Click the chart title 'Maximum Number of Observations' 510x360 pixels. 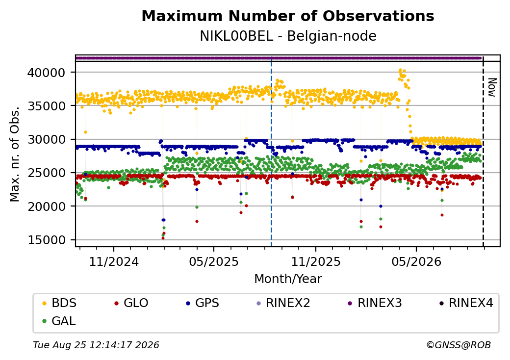[x=288, y=16]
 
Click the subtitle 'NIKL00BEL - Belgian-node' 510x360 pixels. [x=288, y=36]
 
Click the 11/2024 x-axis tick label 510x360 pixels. [x=114, y=261]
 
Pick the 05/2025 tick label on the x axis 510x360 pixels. [x=214, y=261]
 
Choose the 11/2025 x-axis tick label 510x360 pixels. [x=315, y=261]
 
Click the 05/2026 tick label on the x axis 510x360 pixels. [x=416, y=261]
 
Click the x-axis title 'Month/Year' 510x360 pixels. [x=288, y=279]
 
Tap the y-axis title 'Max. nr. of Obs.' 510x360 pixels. [x=15, y=154]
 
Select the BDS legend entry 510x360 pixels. [x=59, y=303]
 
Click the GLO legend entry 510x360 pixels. [x=131, y=303]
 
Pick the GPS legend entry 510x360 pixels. [x=203, y=303]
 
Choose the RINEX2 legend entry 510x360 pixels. [x=283, y=303]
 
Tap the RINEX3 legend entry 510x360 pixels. [x=375, y=303]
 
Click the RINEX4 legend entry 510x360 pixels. [x=466, y=303]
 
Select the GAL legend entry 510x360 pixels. [x=59, y=321]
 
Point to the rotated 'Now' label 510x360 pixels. [x=492, y=87]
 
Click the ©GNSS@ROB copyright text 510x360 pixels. [x=459, y=345]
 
